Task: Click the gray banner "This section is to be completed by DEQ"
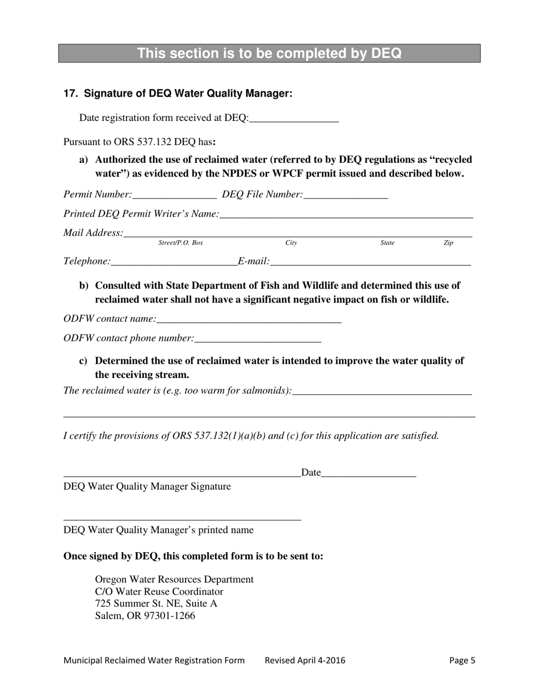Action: point(269,53)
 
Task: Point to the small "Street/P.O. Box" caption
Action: point(180,243)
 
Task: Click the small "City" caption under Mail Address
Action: point(291,243)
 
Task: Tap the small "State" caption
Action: point(387,243)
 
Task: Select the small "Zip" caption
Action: point(448,243)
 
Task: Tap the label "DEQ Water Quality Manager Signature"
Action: point(147,486)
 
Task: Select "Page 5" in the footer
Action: point(462,660)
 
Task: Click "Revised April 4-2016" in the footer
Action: point(305,660)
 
